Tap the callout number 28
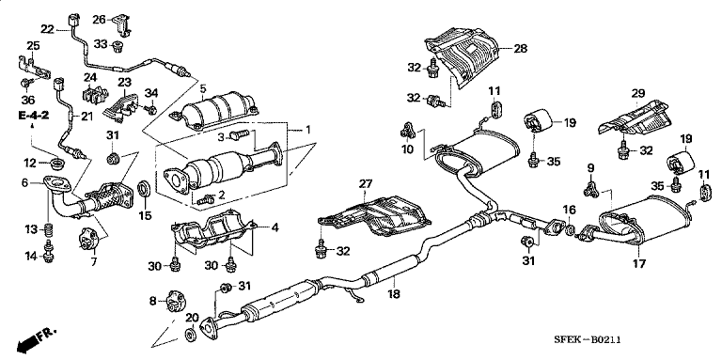pos(520,47)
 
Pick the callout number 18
pos(392,294)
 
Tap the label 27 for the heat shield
pos(366,183)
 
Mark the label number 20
pos(193,319)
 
